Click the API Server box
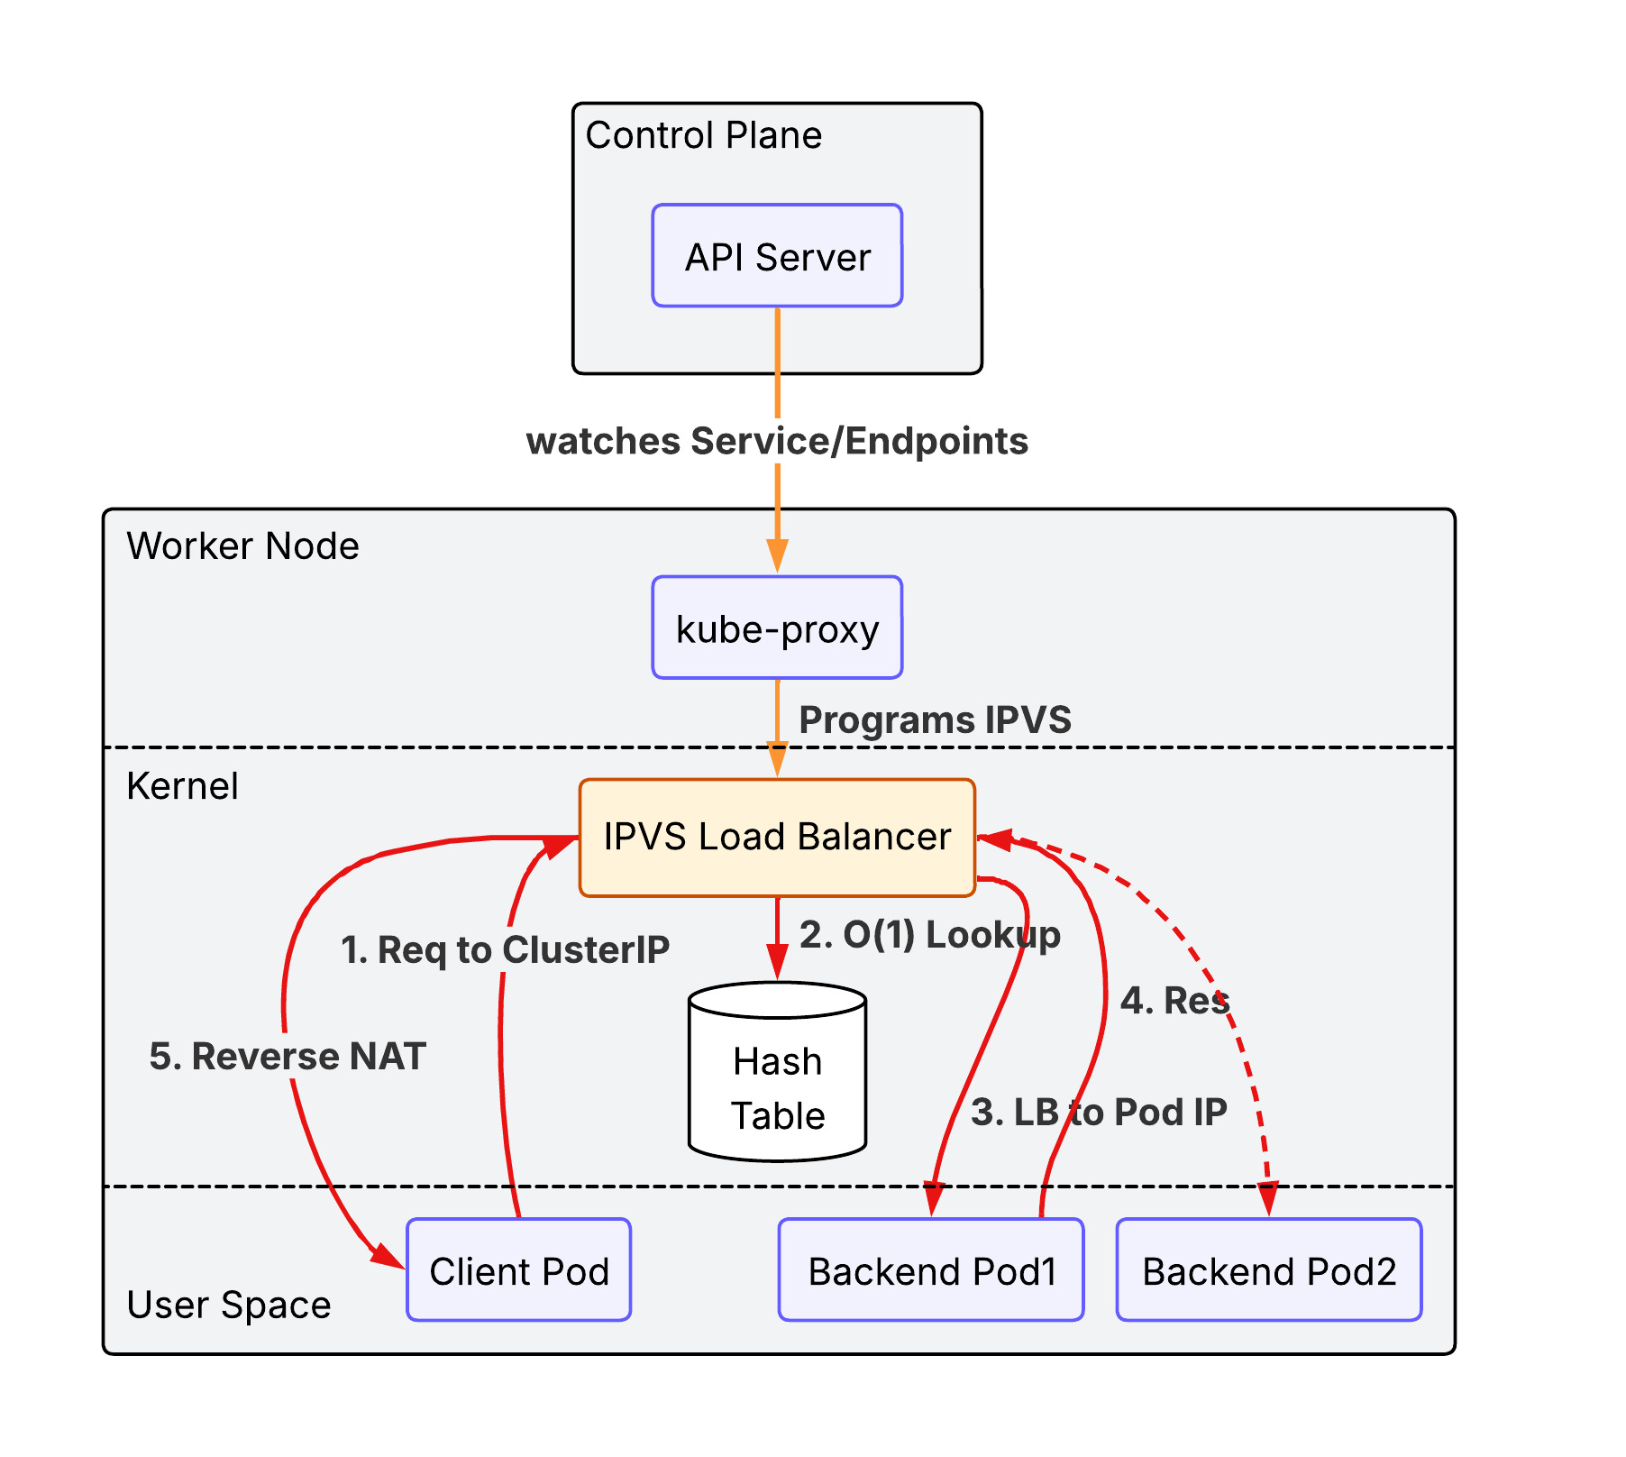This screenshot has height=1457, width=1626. [x=777, y=256]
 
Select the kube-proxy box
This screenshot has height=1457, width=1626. [x=777, y=628]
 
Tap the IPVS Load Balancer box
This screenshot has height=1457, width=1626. [x=777, y=837]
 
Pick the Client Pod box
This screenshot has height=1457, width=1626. [x=518, y=1270]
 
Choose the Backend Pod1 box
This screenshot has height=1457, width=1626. [x=931, y=1270]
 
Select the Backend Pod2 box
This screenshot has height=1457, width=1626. [x=1268, y=1270]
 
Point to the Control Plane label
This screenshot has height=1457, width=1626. [x=703, y=135]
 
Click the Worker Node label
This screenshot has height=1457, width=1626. [x=242, y=546]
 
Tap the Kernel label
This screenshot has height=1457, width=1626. [x=182, y=786]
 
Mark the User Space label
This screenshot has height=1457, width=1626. [x=229, y=1305]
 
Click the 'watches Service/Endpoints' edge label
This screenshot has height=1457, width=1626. [x=777, y=442]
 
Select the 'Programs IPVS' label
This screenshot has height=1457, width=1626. [x=935, y=720]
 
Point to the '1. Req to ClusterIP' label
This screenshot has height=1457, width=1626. [x=505, y=949]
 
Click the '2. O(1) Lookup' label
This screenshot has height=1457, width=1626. [x=929, y=935]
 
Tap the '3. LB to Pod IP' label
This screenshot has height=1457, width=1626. [x=1098, y=1113]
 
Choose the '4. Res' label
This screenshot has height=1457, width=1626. [x=1174, y=1001]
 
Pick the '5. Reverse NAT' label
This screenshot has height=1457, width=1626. [x=287, y=1057]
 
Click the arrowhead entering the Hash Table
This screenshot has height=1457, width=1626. [x=777, y=963]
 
